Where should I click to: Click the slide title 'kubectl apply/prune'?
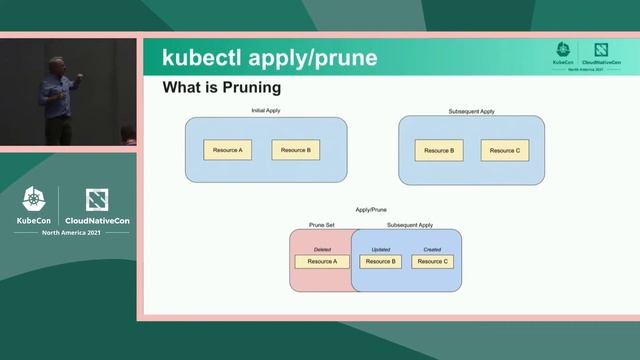(270, 58)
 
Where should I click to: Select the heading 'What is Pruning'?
(221, 89)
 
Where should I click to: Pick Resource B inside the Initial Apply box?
(295, 150)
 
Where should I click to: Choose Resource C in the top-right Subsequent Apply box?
(504, 150)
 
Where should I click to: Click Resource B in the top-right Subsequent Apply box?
(438, 150)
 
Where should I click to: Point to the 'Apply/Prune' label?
(371, 210)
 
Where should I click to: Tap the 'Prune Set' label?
(322, 225)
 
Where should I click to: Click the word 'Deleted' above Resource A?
(322, 249)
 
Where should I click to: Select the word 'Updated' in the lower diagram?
(381, 249)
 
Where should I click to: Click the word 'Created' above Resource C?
(432, 249)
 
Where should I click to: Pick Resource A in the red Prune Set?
(322, 262)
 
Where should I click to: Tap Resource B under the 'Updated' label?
(381, 262)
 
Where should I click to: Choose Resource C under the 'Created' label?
(432, 262)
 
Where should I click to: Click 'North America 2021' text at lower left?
(69, 232)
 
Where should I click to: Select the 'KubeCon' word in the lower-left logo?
(34, 220)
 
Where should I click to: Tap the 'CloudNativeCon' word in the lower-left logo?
(97, 220)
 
